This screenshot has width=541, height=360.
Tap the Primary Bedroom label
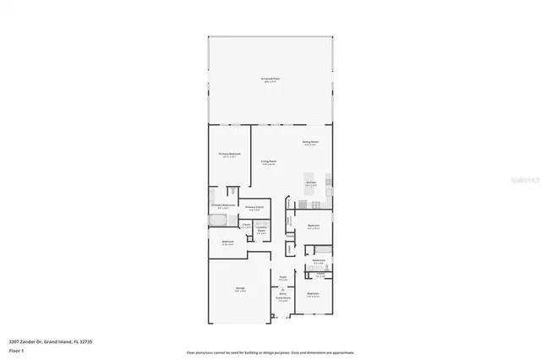[x=229, y=155]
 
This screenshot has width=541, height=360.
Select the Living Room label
[x=269, y=162]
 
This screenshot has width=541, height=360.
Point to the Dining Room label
[x=310, y=143]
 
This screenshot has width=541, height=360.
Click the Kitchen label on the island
[x=310, y=183]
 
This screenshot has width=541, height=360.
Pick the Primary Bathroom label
[x=222, y=206]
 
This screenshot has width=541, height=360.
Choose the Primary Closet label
[x=254, y=209]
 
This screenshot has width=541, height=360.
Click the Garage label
[x=241, y=290]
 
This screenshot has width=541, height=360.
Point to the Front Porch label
[x=282, y=298]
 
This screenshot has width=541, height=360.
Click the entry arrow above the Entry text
[x=282, y=288]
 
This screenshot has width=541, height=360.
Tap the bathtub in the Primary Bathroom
[x=217, y=221]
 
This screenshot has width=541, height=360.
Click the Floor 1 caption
[x=15, y=349]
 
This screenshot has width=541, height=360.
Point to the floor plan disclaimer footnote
[x=270, y=352]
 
